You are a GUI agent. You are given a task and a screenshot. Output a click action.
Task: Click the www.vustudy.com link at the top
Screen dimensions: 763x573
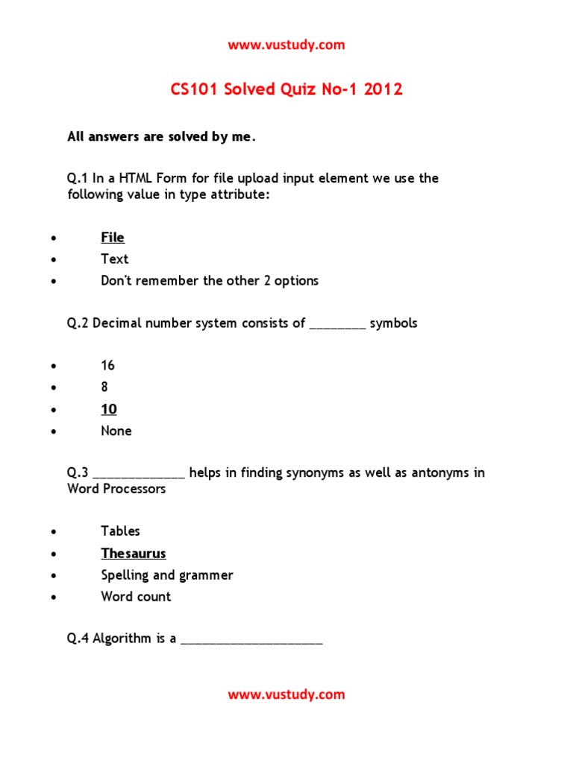[286, 45]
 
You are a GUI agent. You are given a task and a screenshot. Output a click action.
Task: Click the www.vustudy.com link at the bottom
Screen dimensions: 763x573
[286, 694]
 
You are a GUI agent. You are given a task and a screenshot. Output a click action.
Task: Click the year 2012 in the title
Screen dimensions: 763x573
[383, 90]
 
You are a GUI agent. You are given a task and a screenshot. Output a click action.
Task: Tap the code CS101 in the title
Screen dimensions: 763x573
[195, 90]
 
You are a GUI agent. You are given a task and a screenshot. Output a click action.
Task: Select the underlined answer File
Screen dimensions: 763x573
[113, 238]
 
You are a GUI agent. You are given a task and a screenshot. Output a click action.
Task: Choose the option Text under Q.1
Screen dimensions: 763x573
[115, 259]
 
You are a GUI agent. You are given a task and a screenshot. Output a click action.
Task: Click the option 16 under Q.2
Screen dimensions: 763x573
[108, 366]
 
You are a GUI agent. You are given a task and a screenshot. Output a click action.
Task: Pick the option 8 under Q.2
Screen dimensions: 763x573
[104, 387]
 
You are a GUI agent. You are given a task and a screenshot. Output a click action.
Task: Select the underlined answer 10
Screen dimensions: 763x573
[109, 409]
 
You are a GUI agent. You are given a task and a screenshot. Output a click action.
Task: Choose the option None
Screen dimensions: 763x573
[116, 431]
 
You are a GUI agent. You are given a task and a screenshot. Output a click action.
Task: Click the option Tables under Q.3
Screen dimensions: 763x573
[121, 531]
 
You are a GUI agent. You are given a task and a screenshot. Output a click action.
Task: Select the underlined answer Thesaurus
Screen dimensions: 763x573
[134, 554]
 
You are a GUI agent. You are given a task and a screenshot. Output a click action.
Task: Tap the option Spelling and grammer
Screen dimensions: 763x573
[167, 575]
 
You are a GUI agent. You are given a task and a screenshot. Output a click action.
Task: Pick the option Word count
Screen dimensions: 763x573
[136, 597]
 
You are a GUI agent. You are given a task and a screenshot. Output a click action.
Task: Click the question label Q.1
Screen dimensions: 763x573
[78, 179]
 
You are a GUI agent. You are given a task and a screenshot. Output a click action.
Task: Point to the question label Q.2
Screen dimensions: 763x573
[78, 323]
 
